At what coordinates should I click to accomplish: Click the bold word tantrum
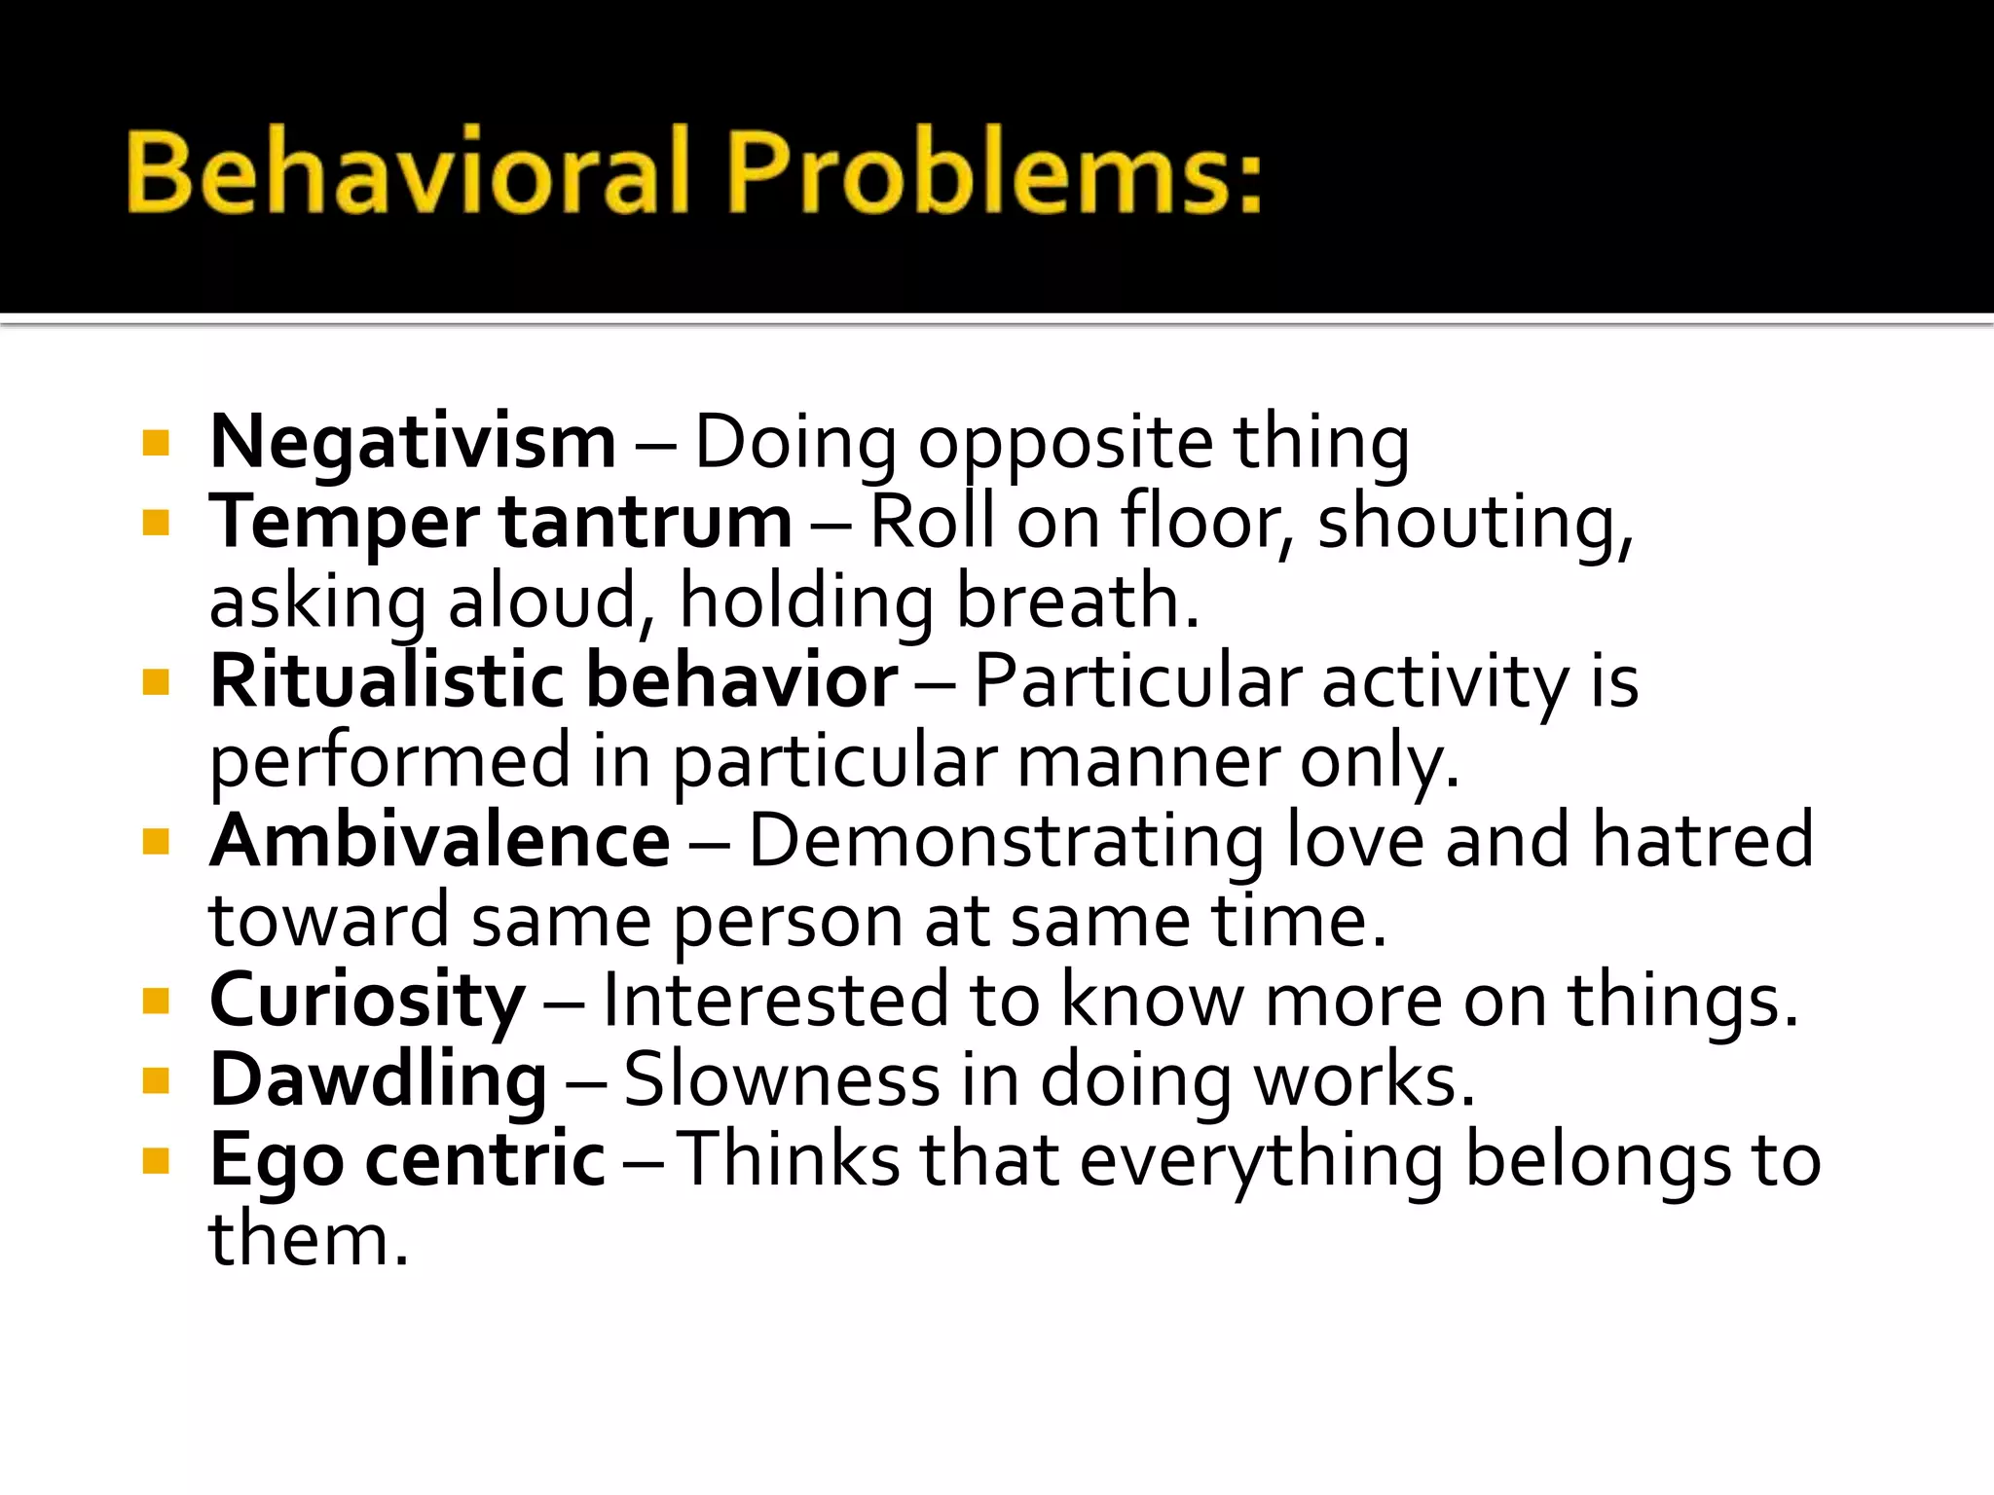point(646,524)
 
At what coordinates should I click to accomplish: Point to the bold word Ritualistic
point(388,681)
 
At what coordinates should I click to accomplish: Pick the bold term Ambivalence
point(440,841)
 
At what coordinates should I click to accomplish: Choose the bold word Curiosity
point(368,1001)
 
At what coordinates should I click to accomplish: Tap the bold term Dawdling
point(378,1080)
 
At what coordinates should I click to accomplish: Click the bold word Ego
point(277,1162)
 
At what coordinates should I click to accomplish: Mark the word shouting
point(1474,524)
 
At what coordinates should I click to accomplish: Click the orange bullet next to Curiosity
point(156,1002)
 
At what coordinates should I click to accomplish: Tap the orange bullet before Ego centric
point(156,1161)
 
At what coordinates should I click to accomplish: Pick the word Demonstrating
point(1006,841)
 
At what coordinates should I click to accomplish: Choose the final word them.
point(308,1240)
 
